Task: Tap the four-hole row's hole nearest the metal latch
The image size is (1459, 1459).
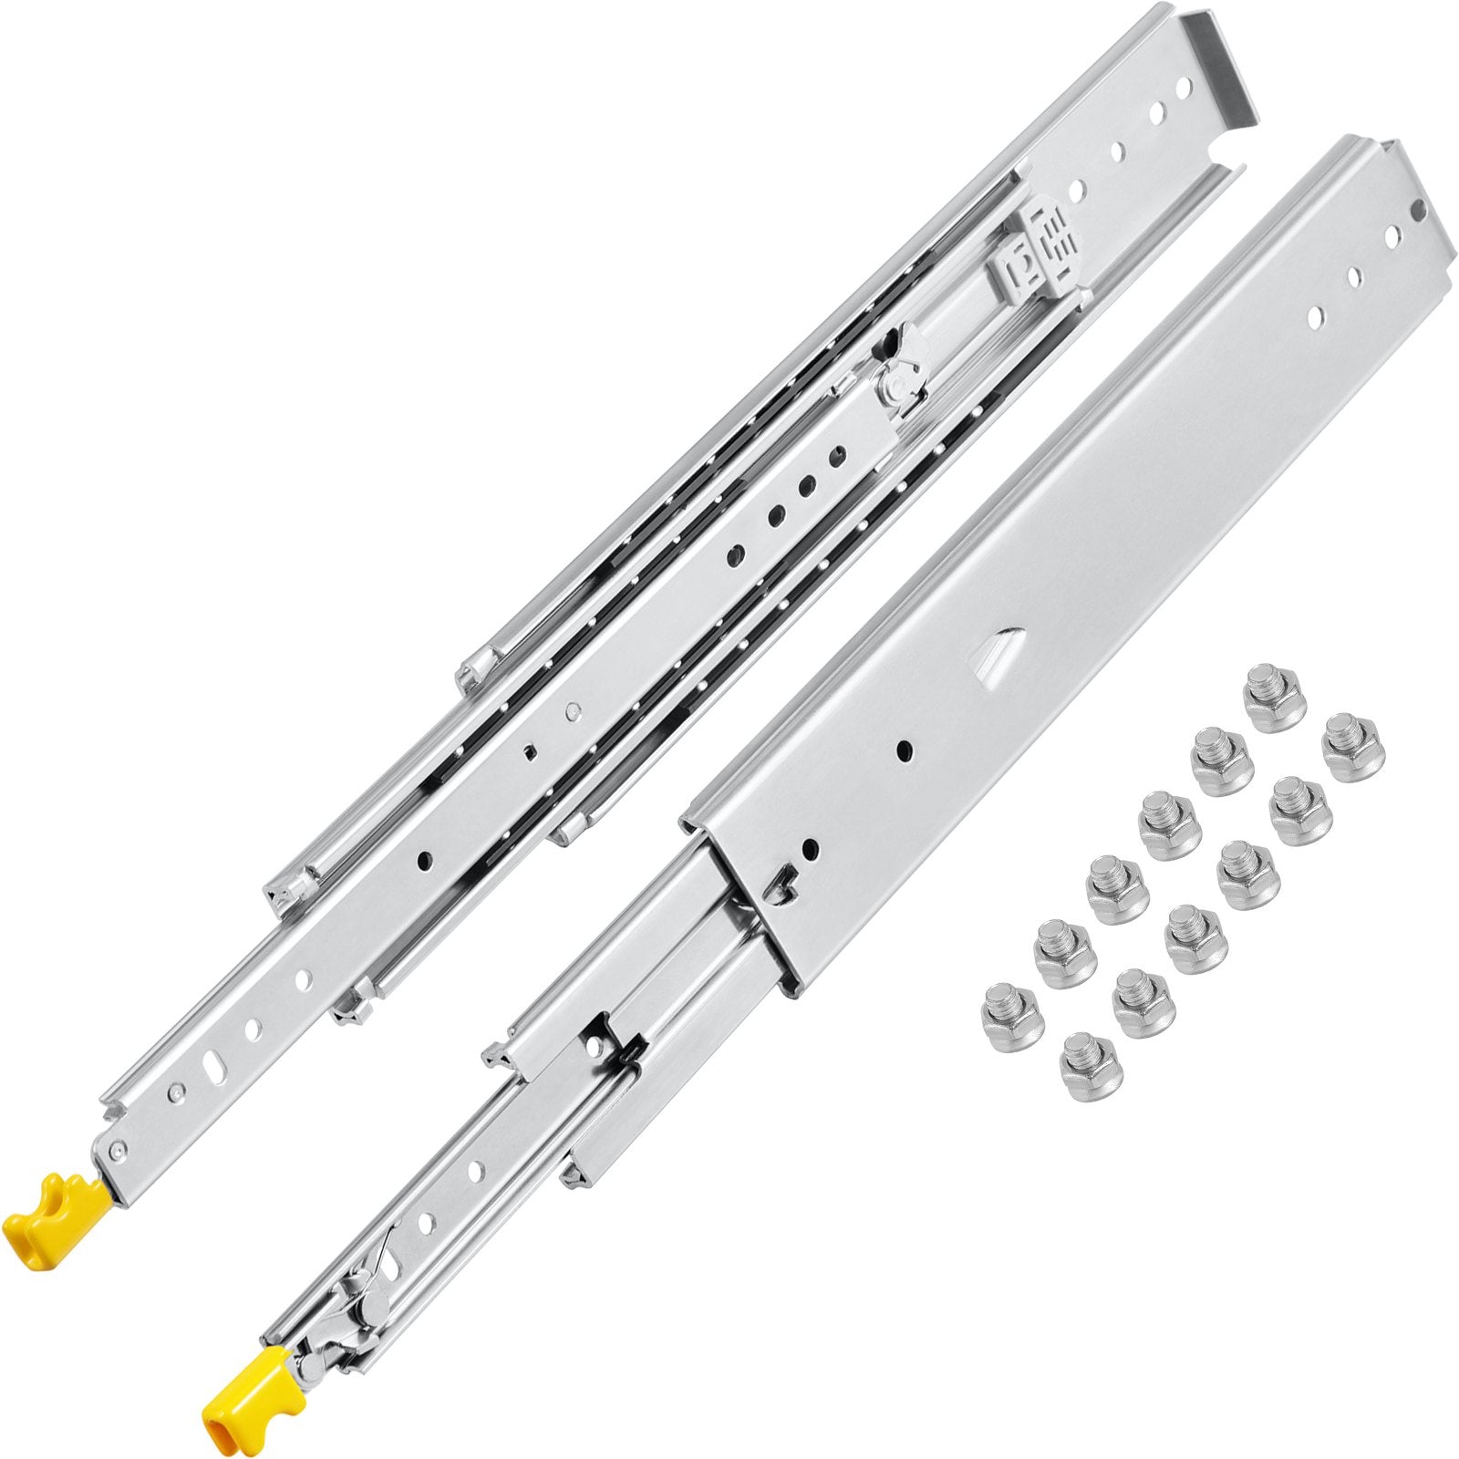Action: [831, 453]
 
